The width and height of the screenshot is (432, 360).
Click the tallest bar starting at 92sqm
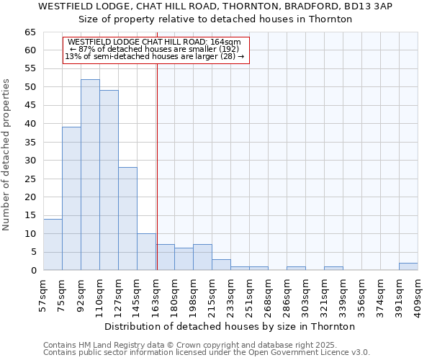pos(90,175)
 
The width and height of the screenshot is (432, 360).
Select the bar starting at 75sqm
pos(71,199)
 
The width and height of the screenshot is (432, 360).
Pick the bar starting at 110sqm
pos(109,180)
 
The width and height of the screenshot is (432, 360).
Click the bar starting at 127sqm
pos(127,219)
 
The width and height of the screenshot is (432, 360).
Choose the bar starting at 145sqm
pos(146,252)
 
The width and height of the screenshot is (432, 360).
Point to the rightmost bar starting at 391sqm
pos(408,266)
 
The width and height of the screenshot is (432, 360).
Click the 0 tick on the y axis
pos(32,271)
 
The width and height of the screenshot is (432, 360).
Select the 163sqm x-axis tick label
pos(156,295)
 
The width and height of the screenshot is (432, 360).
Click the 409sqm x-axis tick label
pos(419,295)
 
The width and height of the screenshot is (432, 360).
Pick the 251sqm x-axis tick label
pos(250,295)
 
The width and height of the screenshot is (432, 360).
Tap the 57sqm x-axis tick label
pos(44,295)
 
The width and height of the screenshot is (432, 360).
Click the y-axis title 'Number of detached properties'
pos(7,154)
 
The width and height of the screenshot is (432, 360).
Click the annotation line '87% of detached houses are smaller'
pos(155,49)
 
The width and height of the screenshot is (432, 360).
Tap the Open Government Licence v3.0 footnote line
pos(207,352)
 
